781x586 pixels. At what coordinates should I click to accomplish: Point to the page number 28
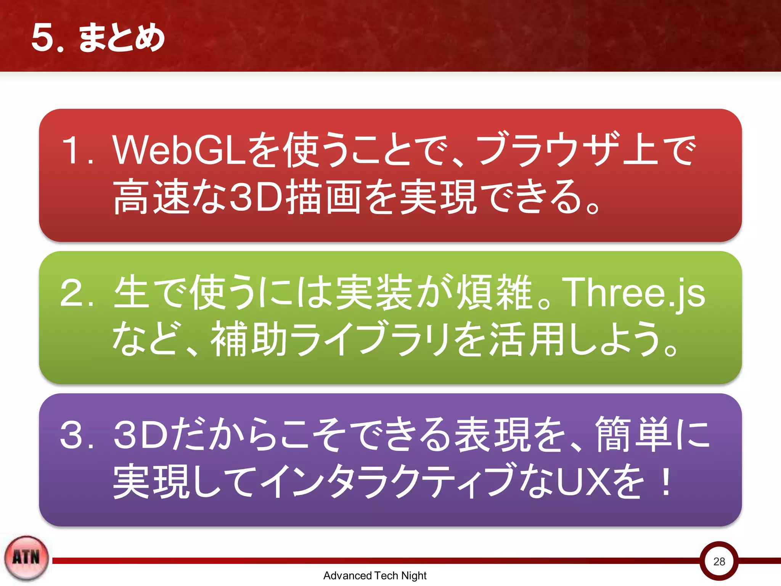click(719, 561)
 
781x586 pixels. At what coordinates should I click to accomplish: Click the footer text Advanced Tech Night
click(375, 575)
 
